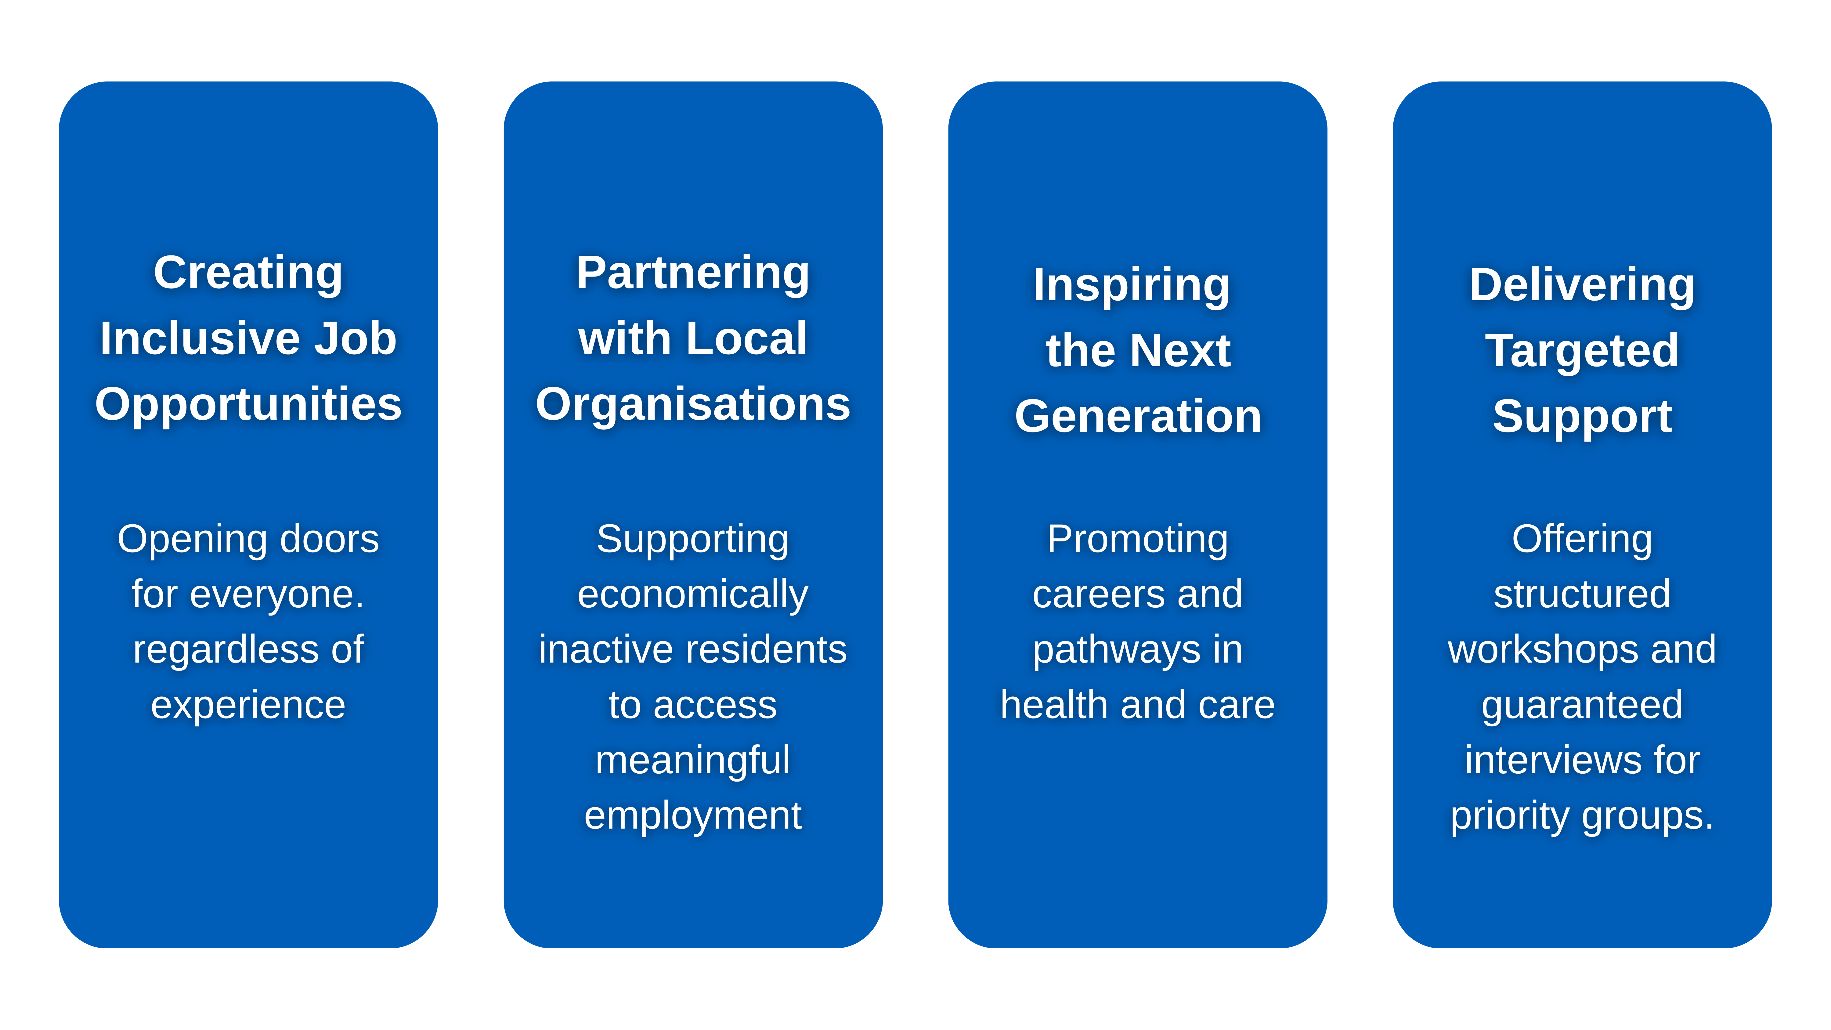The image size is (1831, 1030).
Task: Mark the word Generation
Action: pos(1137,417)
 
